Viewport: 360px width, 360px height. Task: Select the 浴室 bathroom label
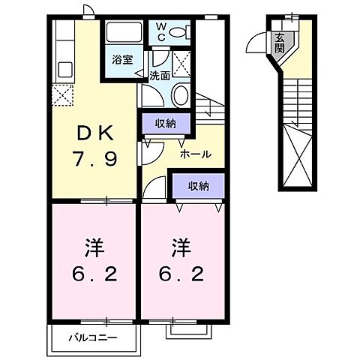pos(123,60)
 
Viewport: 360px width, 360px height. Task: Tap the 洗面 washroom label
pos(159,76)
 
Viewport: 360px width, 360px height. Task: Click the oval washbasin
pos(180,94)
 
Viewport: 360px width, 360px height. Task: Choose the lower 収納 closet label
pos(199,184)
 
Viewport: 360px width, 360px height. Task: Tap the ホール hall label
pos(195,154)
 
